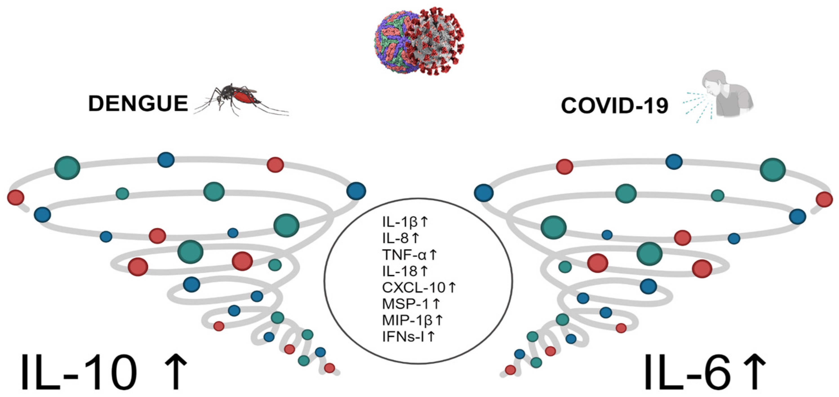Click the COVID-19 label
point(615,106)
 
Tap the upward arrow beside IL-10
point(176,372)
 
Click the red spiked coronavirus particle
point(436,42)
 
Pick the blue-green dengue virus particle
point(391,46)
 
